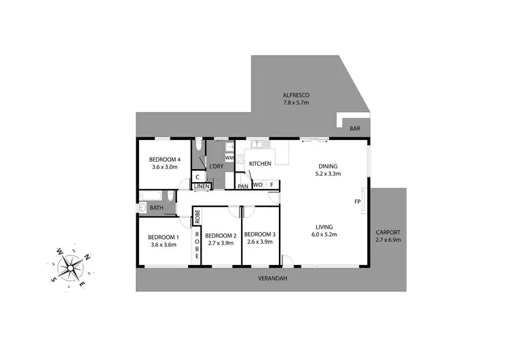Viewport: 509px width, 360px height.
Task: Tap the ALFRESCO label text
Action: tap(296, 95)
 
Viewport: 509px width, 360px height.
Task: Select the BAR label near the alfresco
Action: tap(354, 128)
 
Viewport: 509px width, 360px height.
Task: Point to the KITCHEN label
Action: tap(260, 164)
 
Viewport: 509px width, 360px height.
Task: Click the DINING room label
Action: tap(327, 166)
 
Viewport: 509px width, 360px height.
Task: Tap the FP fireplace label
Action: tap(357, 202)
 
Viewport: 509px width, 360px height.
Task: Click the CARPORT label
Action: tap(388, 232)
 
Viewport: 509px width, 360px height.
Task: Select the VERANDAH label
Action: tap(271, 278)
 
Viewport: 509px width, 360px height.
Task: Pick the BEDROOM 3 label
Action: tap(260, 235)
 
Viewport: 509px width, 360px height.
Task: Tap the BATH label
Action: tap(157, 208)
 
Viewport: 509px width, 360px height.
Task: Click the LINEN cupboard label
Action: tap(201, 186)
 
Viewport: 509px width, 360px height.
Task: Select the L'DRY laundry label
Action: tap(216, 166)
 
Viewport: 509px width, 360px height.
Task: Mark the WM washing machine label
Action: tap(229, 158)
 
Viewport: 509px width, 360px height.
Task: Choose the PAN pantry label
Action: tap(242, 185)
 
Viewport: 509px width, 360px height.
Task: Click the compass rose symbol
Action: tap(70, 265)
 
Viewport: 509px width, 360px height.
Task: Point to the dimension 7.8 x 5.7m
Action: tap(296, 103)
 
